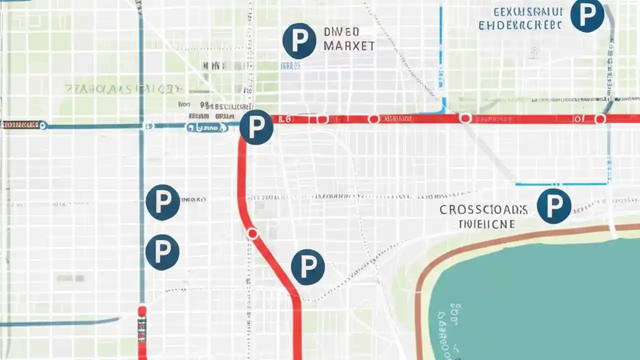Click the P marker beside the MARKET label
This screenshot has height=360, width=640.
(299, 41)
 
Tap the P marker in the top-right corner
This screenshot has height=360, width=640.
(587, 15)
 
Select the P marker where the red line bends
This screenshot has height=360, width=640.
(256, 127)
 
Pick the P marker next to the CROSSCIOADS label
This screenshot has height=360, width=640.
(553, 206)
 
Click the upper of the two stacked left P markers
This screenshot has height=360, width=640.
(162, 202)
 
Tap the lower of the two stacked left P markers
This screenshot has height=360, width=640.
(162, 252)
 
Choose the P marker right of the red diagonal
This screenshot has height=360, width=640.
(307, 267)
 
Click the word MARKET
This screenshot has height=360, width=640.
(348, 46)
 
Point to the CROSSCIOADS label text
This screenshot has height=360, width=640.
(483, 209)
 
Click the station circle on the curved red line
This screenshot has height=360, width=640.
(252, 233)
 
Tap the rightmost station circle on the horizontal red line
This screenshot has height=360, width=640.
(600, 119)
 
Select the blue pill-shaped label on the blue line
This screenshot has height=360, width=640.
(207, 128)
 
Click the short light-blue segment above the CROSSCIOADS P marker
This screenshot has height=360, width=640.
(560, 184)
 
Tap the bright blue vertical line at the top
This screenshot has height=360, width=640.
(440, 50)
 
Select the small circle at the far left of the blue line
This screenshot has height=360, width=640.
(43, 125)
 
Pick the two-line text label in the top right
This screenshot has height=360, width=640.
(520, 18)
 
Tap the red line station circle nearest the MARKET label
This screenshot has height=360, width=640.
(322, 119)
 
